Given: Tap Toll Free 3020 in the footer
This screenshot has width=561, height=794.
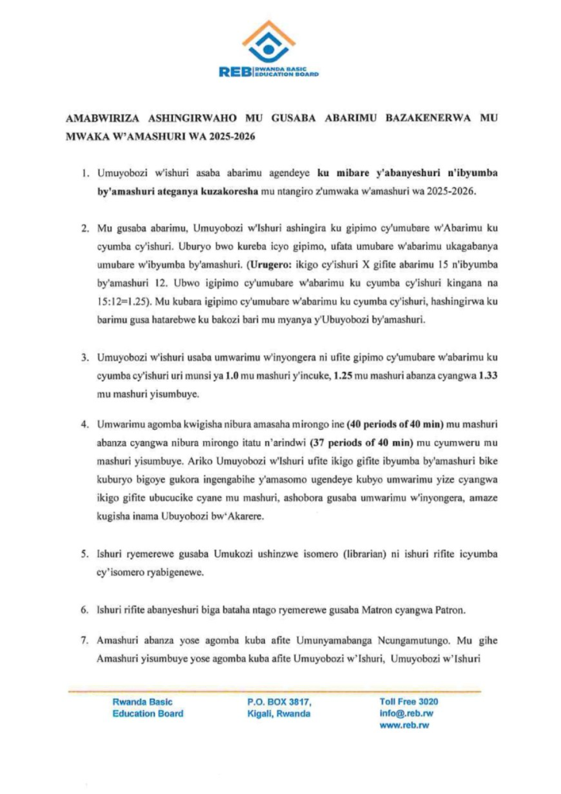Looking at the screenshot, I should (x=408, y=702).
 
